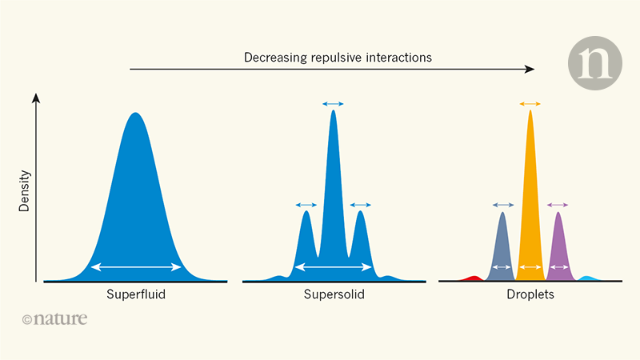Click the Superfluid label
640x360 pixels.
click(136, 294)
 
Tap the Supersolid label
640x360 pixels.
click(334, 294)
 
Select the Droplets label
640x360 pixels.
click(530, 294)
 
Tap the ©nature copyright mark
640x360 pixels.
click(54, 319)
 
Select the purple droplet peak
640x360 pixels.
click(558, 244)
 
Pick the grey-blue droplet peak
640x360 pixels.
click(502, 244)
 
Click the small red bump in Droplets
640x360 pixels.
click(473, 278)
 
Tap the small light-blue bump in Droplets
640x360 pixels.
click(588, 278)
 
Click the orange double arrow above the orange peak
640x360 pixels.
click(530, 104)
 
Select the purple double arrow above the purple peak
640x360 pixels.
click(558, 206)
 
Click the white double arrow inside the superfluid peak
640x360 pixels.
click(136, 266)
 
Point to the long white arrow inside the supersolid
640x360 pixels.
click(334, 266)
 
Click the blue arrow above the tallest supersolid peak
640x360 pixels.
click(334, 104)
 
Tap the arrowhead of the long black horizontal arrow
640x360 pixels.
click(530, 70)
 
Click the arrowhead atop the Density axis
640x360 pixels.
click(35, 97)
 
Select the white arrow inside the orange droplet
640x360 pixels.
click(530, 266)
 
